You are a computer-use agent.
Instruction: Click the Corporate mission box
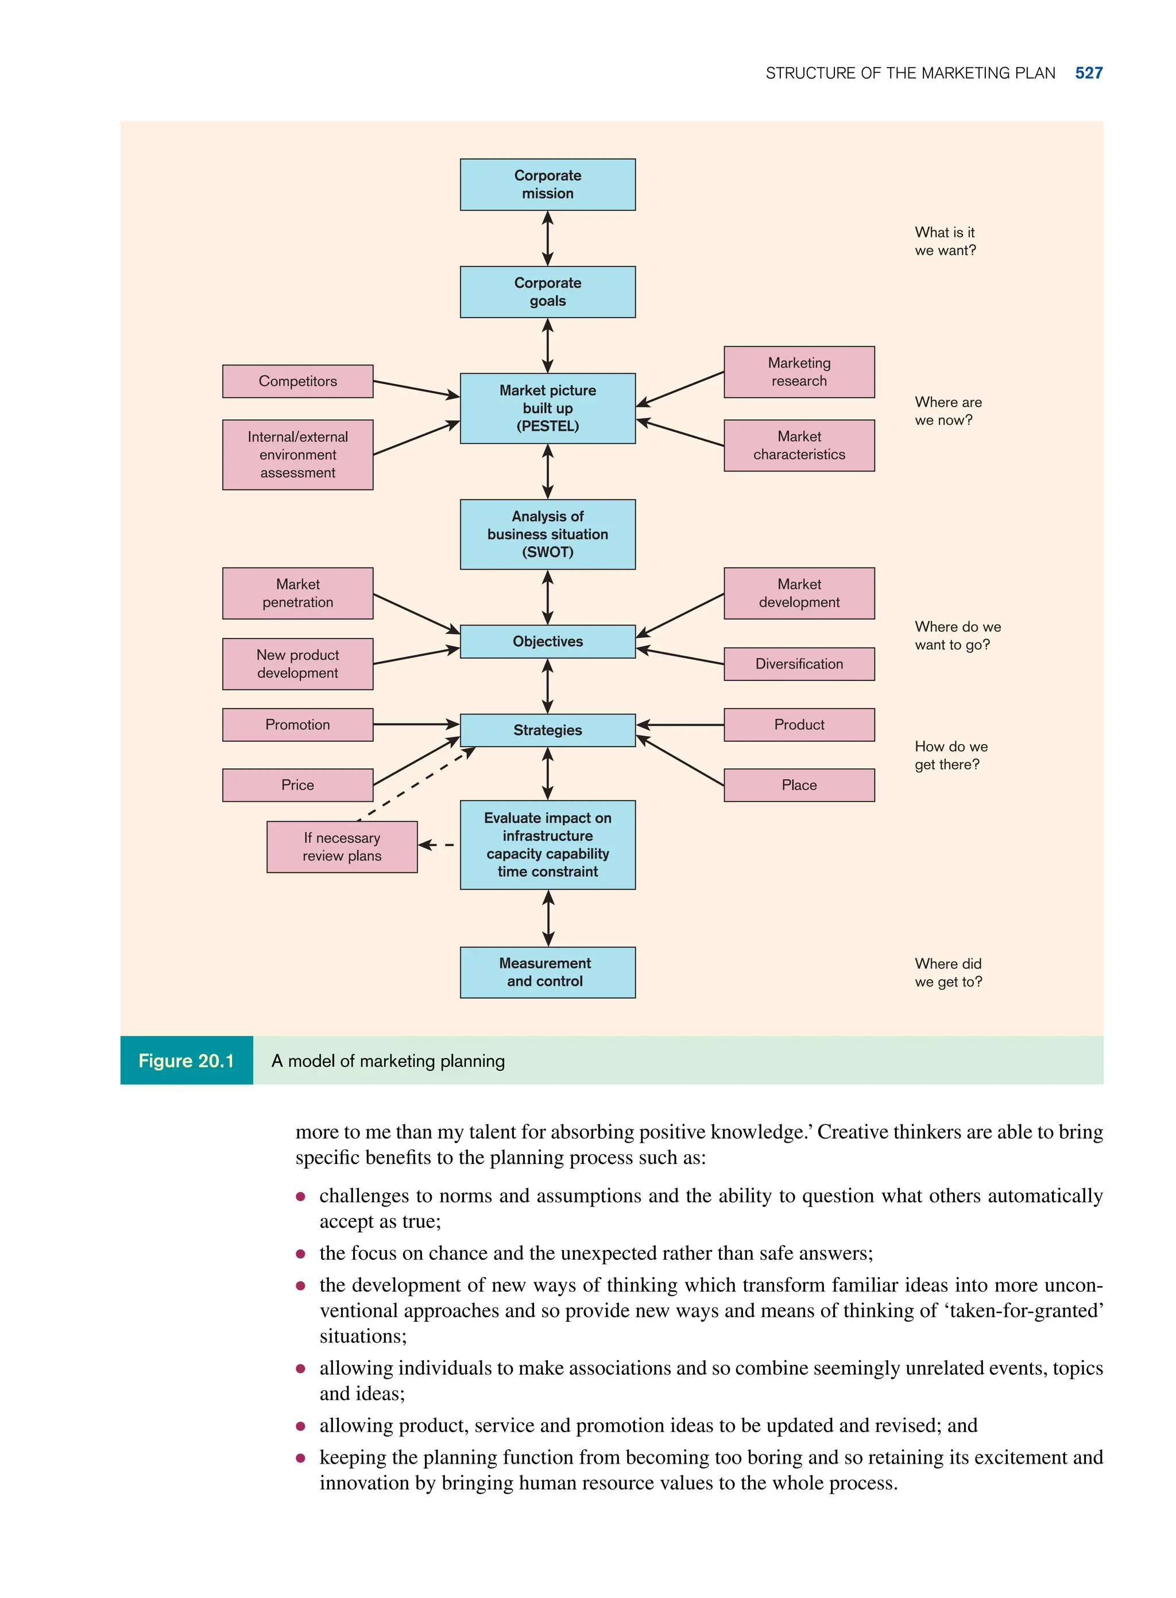547,184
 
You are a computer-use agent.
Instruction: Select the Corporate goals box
547,292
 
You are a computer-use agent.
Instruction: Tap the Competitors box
297,381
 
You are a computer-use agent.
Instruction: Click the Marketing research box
799,372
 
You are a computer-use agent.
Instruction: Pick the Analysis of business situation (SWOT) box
547,534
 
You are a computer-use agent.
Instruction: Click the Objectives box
547,641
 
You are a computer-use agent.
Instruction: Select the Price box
297,785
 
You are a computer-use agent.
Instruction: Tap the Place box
799,785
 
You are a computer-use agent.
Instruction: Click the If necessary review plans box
342,847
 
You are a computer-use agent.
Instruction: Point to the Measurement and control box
547,972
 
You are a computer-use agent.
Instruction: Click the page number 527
1089,73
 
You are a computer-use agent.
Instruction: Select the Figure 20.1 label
187,1061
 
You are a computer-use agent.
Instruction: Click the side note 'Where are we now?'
947,411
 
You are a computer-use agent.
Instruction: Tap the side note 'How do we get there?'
950,755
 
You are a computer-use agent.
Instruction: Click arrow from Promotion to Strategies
416,725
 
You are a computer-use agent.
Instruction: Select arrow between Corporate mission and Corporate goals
547,238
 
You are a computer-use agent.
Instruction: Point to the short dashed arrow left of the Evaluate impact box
436,845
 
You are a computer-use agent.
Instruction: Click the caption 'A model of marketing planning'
388,1061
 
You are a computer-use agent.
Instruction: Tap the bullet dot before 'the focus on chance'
300,1253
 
